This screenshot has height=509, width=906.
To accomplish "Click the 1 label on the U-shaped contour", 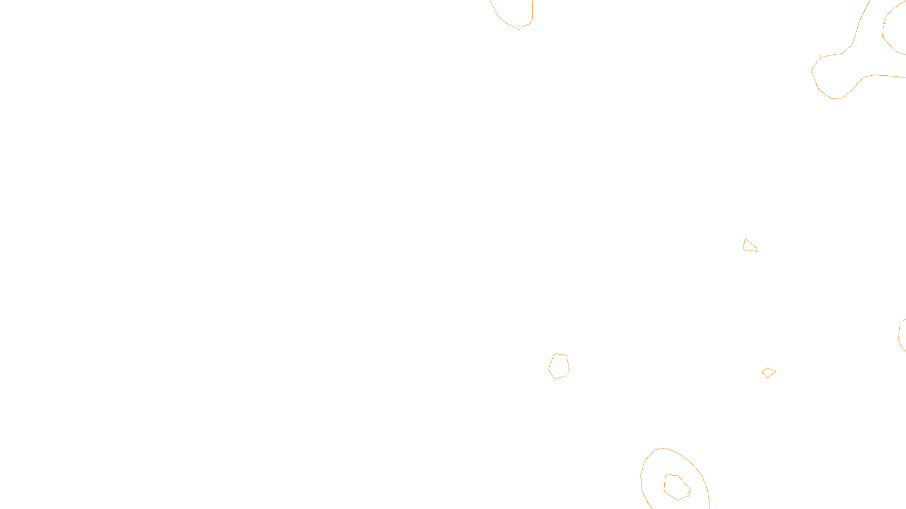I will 519,28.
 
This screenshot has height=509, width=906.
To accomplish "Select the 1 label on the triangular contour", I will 756,249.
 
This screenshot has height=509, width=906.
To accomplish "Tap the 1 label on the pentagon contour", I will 566,375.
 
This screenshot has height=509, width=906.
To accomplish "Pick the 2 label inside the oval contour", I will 689,494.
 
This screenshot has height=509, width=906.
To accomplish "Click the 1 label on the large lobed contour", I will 820,57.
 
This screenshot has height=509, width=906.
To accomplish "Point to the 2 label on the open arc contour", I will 884,22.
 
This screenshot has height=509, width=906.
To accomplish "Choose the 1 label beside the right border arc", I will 900,324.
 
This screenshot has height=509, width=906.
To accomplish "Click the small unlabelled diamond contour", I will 768,372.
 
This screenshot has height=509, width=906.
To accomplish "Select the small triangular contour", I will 749,245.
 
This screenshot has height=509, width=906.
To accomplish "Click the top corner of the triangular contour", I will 745,239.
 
